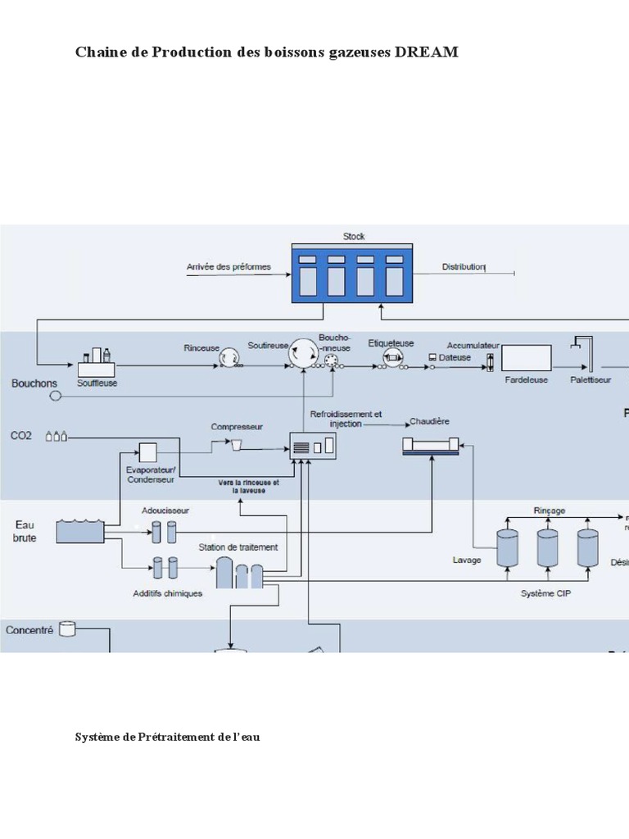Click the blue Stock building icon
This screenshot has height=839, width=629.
pyautogui.click(x=353, y=273)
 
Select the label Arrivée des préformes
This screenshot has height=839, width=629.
pyautogui.click(x=229, y=267)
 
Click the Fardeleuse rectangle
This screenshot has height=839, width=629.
pyautogui.click(x=527, y=358)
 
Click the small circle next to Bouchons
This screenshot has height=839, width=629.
pyautogui.click(x=56, y=396)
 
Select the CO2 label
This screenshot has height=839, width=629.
pyautogui.click(x=22, y=436)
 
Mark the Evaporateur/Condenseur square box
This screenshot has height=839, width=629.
pyautogui.click(x=147, y=451)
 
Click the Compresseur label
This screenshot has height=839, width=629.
pyautogui.click(x=237, y=427)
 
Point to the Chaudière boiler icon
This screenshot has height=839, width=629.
pyautogui.click(x=431, y=446)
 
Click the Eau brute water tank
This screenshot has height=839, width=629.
pyautogui.click(x=80, y=531)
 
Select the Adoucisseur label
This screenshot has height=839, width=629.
pyautogui.click(x=165, y=510)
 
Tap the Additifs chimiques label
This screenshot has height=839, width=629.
pyautogui.click(x=167, y=594)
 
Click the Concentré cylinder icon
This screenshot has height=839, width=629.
pyautogui.click(x=67, y=629)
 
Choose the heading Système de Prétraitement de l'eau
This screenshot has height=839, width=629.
pyautogui.click(x=168, y=737)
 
